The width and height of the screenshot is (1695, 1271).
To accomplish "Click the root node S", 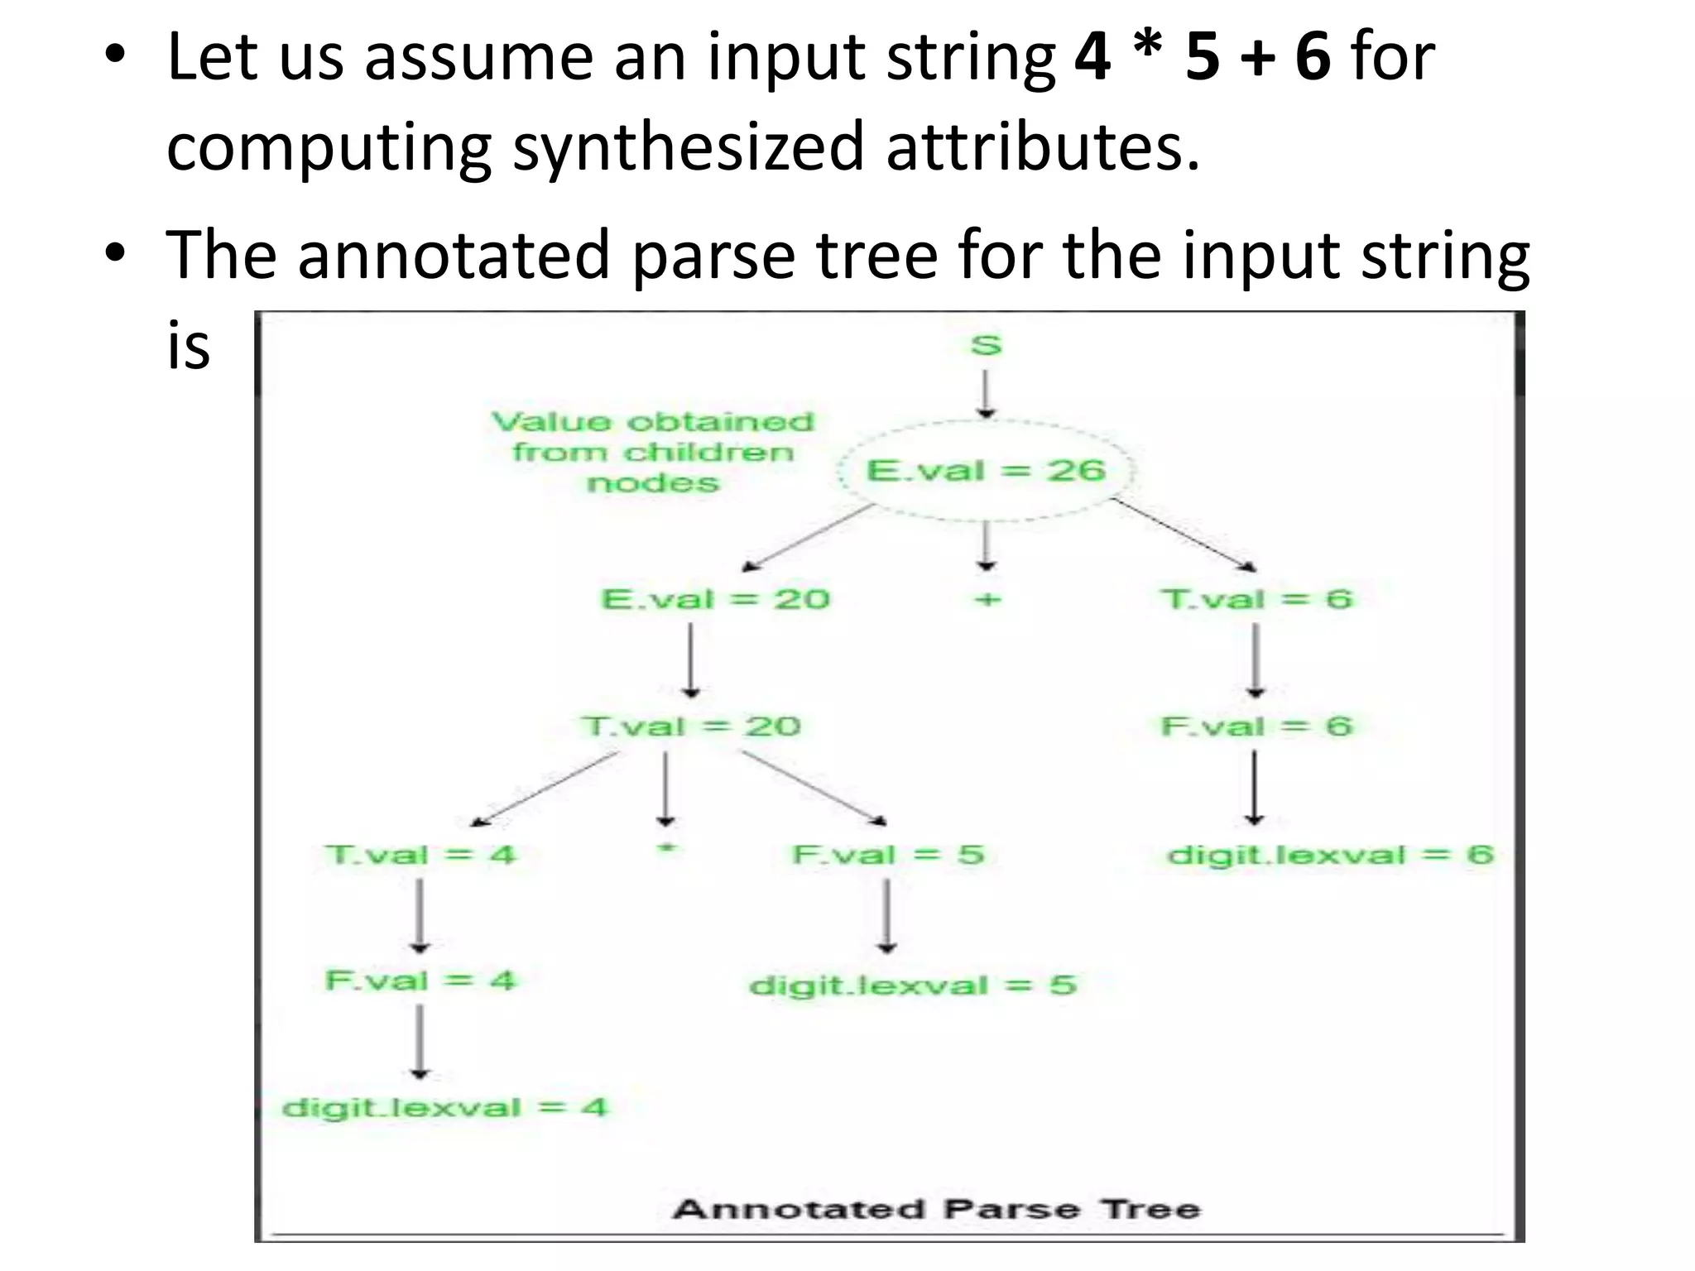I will point(985,344).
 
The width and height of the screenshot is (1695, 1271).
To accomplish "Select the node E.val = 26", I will point(985,471).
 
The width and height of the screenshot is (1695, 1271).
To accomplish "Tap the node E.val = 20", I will point(715,598).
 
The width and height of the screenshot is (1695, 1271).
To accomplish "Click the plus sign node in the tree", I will point(986,598).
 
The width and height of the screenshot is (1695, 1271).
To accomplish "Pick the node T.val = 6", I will point(1256,598).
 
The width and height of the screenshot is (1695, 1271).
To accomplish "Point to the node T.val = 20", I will point(691,726).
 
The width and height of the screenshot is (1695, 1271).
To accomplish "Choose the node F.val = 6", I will point(1256,726).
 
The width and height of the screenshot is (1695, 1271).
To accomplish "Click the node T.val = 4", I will point(420,854).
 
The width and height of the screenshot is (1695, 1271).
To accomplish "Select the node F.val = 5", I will point(887,854).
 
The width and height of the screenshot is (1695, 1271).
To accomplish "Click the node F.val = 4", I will point(420,981).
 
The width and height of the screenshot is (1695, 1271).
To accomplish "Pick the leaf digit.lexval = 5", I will point(911,985).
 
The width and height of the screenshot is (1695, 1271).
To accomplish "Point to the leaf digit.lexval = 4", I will point(444,1107).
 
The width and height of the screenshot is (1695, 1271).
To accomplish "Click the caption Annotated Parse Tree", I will point(936,1209).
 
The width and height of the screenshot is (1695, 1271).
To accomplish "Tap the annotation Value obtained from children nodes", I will point(653,452).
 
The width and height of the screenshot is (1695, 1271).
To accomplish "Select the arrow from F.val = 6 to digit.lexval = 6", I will point(1255,786).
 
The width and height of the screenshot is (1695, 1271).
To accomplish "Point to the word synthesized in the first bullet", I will point(688,146).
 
